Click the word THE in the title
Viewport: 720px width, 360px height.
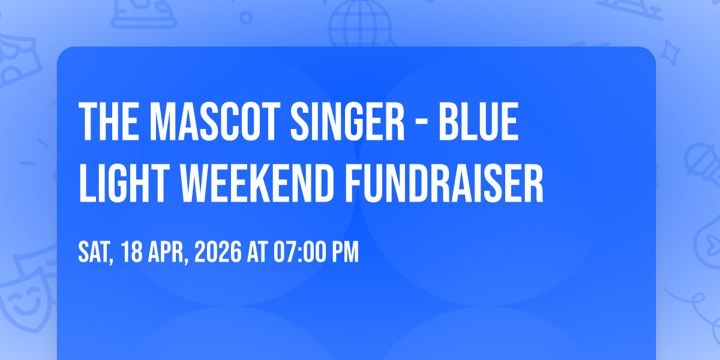coord(109,121)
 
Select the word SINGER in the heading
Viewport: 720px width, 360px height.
coord(347,121)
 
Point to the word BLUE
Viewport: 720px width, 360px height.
coord(479,121)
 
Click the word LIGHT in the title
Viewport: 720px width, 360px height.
coord(124,183)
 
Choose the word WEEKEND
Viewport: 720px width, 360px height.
coord(257,183)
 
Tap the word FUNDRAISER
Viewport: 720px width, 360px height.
coord(444,183)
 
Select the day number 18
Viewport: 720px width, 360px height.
coord(132,252)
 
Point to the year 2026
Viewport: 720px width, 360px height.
coord(218,252)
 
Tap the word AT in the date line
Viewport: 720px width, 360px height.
coord(257,252)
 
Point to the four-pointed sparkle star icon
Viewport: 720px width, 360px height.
coord(670,52)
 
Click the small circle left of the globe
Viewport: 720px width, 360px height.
coord(246,17)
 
